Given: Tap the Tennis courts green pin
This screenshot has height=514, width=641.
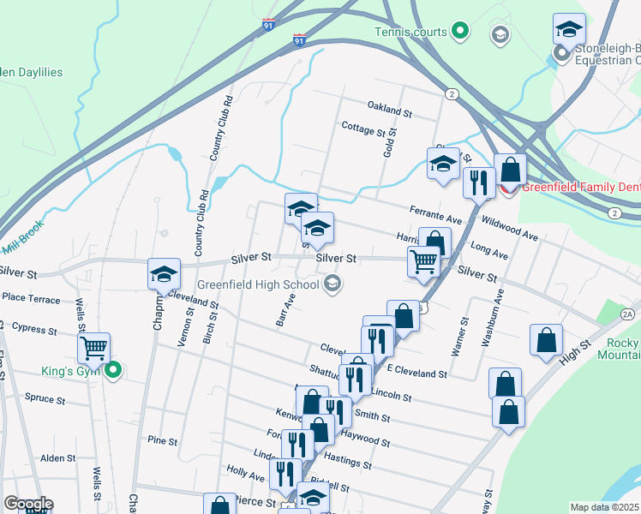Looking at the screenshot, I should pos(460,32).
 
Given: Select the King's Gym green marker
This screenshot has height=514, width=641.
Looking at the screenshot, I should pos(112,371).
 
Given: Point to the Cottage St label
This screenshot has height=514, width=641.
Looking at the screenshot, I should pos(363,130).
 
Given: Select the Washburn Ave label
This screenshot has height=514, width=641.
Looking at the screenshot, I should pos(492,316).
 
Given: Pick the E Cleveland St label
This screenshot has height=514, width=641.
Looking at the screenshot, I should pos(417,373).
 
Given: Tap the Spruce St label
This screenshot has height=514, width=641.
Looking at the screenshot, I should pos(45,399).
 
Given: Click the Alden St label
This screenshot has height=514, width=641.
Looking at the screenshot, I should pos(58,458).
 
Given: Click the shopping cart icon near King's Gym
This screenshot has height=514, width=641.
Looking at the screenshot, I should pos(93,348).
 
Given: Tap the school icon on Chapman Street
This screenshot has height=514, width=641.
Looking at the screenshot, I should pos(163,274).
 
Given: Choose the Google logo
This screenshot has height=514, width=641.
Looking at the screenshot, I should pos(28,504).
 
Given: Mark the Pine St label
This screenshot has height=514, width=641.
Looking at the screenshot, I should pos(162,441).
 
